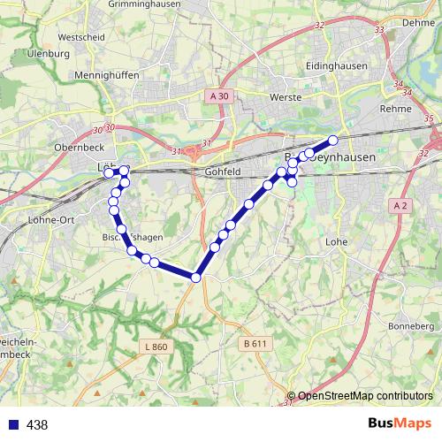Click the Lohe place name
(336, 240)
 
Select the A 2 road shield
(400, 205)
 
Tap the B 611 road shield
(254, 343)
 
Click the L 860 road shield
(154, 347)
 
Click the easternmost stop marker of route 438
(333, 140)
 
